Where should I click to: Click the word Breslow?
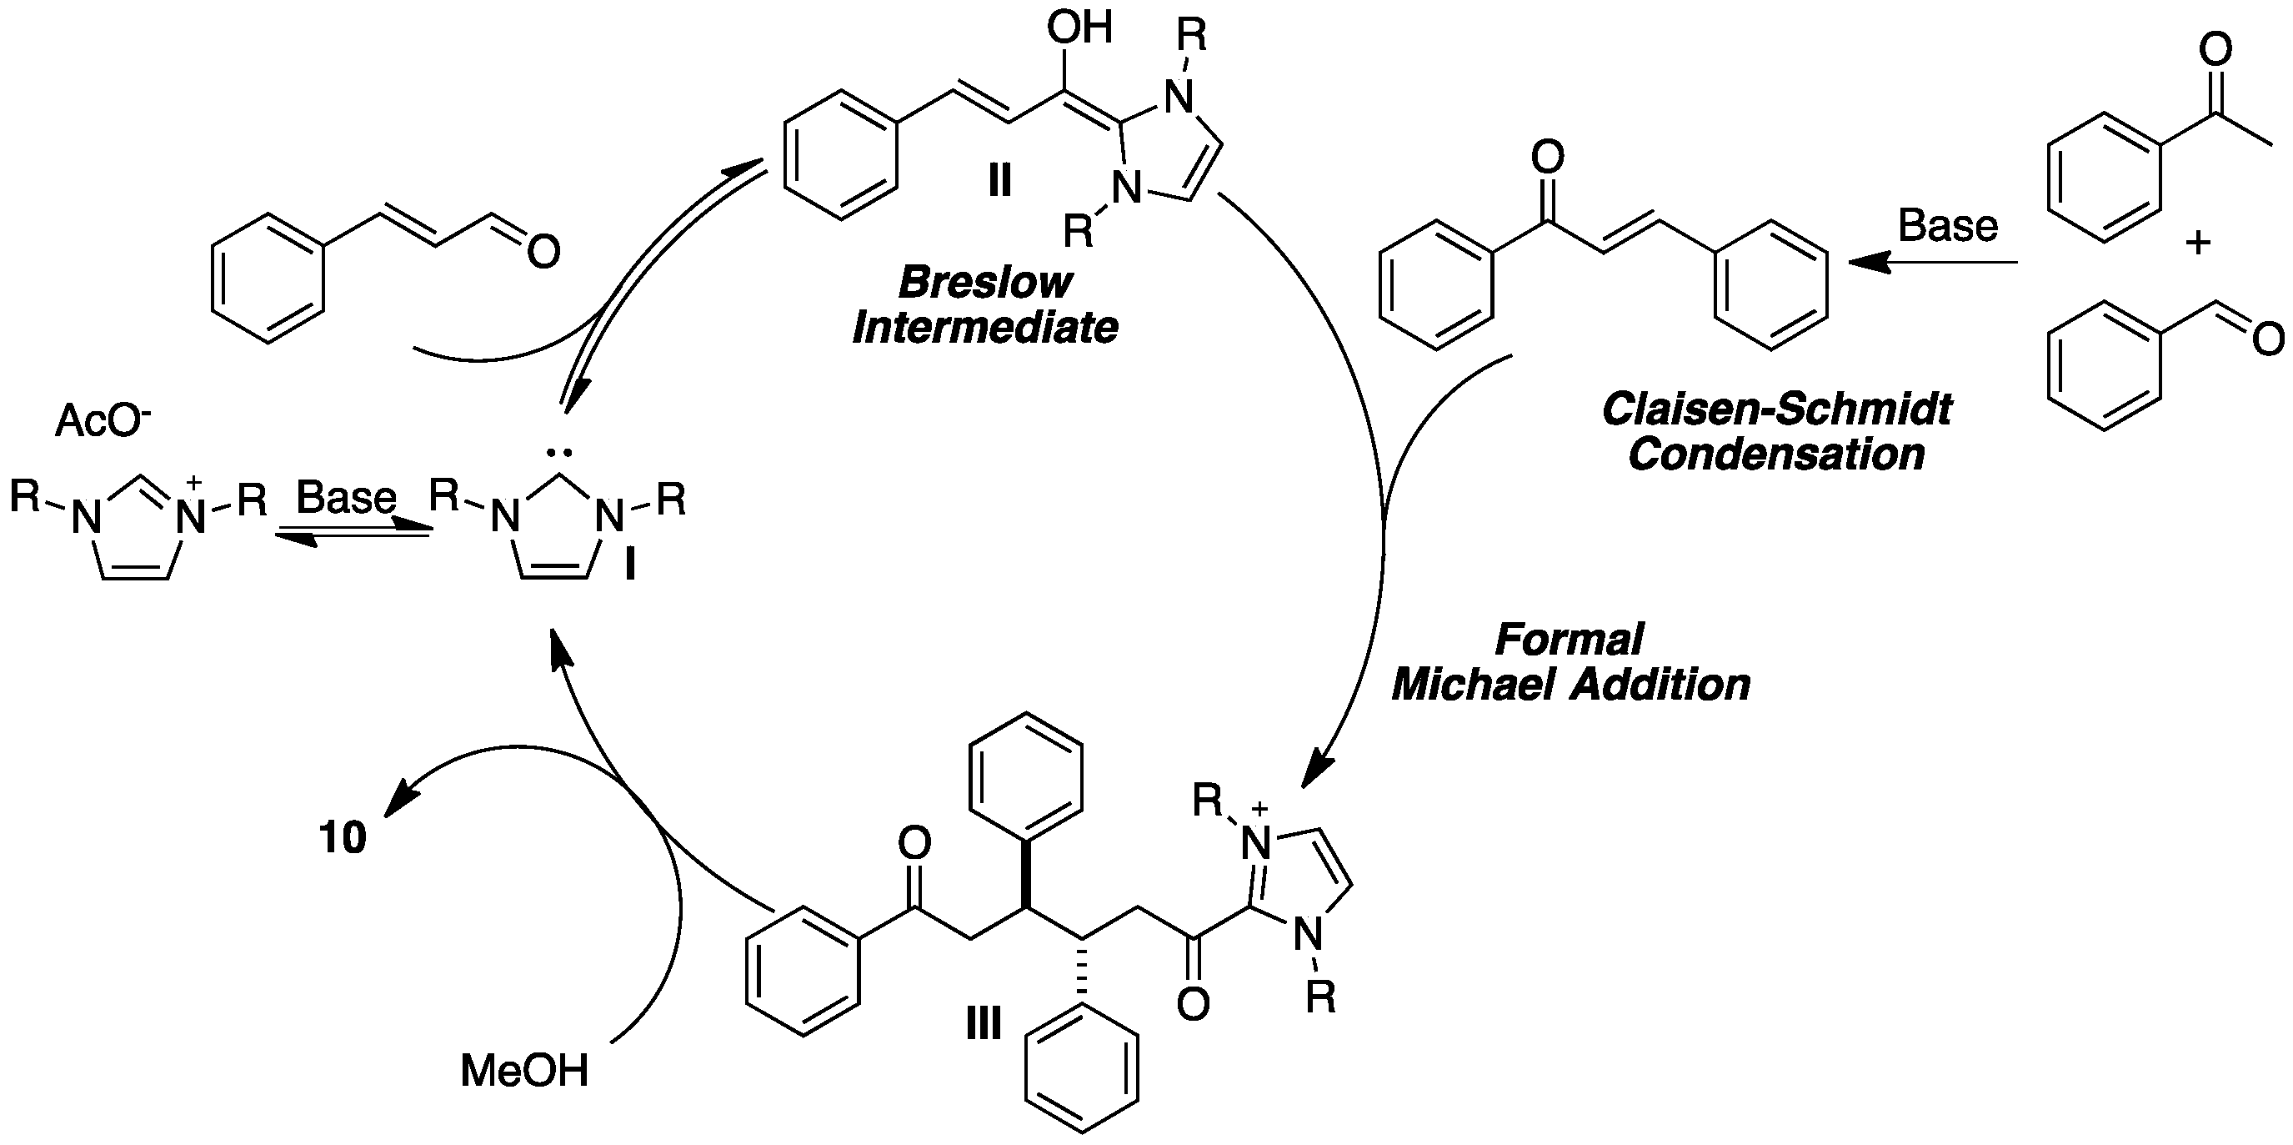click(984, 284)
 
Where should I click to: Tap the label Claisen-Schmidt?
click(1776, 409)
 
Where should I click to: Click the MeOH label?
click(524, 1070)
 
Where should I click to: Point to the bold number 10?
click(343, 838)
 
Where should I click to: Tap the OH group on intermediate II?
click(1079, 28)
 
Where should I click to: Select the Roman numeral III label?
click(983, 1024)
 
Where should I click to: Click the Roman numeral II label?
click(999, 181)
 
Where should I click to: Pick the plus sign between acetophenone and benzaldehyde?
click(2198, 242)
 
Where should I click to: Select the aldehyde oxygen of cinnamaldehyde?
click(543, 252)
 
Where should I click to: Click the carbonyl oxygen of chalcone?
click(1547, 158)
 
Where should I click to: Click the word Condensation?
click(1776, 455)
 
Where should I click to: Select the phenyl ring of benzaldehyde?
click(2105, 367)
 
